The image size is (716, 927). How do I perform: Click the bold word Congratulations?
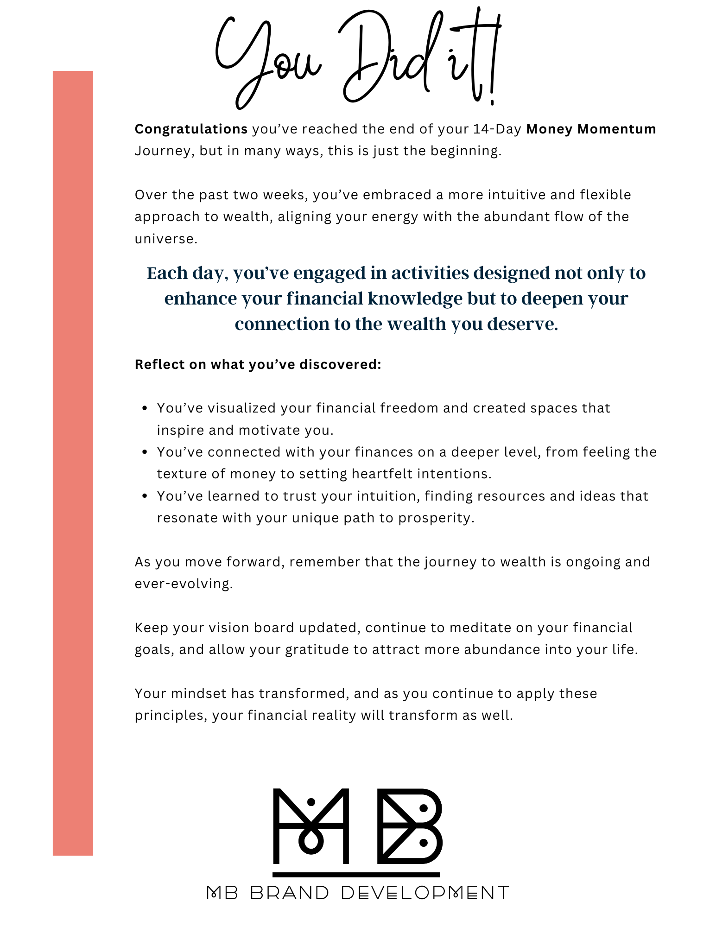pyautogui.click(x=191, y=129)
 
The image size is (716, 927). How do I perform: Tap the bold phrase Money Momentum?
pyautogui.click(x=591, y=129)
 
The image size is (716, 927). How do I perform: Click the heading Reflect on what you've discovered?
pyautogui.click(x=258, y=364)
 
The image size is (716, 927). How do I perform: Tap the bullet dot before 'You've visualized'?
pyautogui.click(x=145, y=408)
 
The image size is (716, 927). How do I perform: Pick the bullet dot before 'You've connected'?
pyautogui.click(x=145, y=452)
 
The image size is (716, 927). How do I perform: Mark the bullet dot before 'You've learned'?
pyautogui.click(x=145, y=496)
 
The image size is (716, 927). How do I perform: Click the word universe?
pyautogui.click(x=165, y=239)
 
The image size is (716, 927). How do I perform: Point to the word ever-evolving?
pyautogui.click(x=183, y=584)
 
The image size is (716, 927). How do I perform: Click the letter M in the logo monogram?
pyautogui.click(x=310, y=826)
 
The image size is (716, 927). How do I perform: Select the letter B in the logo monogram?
pyautogui.click(x=410, y=826)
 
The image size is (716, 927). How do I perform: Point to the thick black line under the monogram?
pyautogui.click(x=356, y=875)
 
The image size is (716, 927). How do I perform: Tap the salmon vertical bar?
pyautogui.click(x=73, y=463)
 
